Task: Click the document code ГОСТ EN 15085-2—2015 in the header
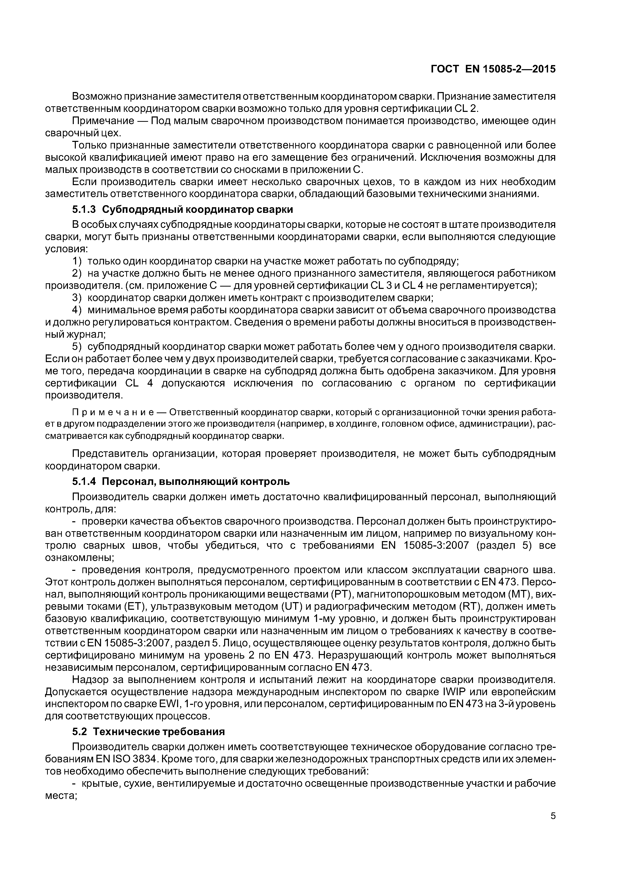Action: point(493,69)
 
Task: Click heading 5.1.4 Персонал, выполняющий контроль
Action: point(181,482)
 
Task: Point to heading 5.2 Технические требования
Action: point(149,732)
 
